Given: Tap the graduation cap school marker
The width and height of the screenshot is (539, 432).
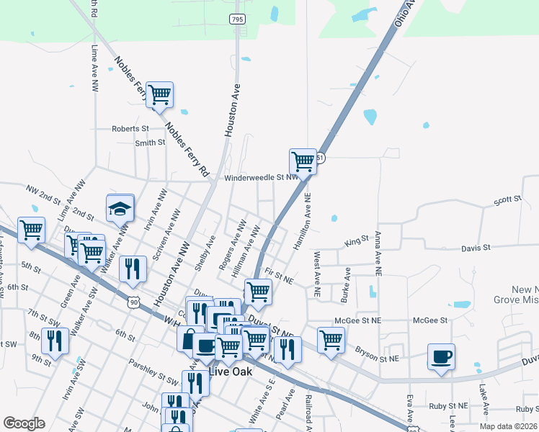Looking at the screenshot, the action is point(120,209).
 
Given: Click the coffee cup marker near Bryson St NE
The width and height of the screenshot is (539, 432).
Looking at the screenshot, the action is point(441,356).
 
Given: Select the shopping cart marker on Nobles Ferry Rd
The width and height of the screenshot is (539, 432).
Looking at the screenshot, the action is point(160,94).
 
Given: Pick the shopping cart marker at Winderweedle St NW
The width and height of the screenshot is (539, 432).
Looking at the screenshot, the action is point(303,161).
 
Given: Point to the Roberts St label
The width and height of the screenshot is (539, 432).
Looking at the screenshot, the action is point(130,129).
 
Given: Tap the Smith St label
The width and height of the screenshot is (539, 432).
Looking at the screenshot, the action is point(150,143).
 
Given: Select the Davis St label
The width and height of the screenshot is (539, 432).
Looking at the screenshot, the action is point(476,248).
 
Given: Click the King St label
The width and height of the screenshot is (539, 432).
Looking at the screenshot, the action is point(356,240).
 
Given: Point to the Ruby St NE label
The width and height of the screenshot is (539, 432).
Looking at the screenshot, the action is point(447,406).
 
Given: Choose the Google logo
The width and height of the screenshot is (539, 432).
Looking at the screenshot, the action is point(24,423).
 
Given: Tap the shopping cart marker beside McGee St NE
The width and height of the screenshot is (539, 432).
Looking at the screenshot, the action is point(331,339).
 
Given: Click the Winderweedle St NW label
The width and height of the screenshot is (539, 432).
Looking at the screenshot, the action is point(260,177).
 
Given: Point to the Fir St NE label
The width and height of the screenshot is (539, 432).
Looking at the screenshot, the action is point(280,274).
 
